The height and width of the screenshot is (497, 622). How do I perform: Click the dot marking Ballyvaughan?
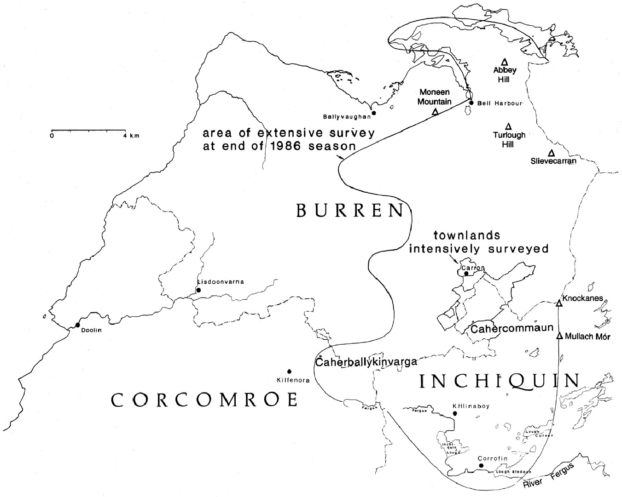point(374,113)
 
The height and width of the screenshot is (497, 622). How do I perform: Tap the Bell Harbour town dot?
point(471,103)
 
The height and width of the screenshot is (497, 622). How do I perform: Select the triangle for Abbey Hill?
point(504,62)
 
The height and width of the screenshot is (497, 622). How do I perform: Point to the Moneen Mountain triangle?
point(435,111)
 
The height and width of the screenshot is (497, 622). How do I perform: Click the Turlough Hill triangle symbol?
point(509,126)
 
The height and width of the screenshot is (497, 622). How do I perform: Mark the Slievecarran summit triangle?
point(551,153)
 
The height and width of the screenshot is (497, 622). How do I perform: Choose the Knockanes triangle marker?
point(559,303)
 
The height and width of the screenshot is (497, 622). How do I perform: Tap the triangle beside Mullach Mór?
point(559,336)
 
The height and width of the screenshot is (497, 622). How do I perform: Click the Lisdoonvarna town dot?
point(198,290)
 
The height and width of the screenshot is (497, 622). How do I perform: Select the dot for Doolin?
point(77,326)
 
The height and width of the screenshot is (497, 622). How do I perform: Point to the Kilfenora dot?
point(289,371)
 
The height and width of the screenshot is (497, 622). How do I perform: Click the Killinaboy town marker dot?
point(455,413)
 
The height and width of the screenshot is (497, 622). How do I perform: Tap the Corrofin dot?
point(481,466)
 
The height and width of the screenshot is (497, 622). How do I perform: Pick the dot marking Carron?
point(466,274)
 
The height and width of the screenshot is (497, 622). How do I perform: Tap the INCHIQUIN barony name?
point(500,381)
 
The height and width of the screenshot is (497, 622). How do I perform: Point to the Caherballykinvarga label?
point(366,361)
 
